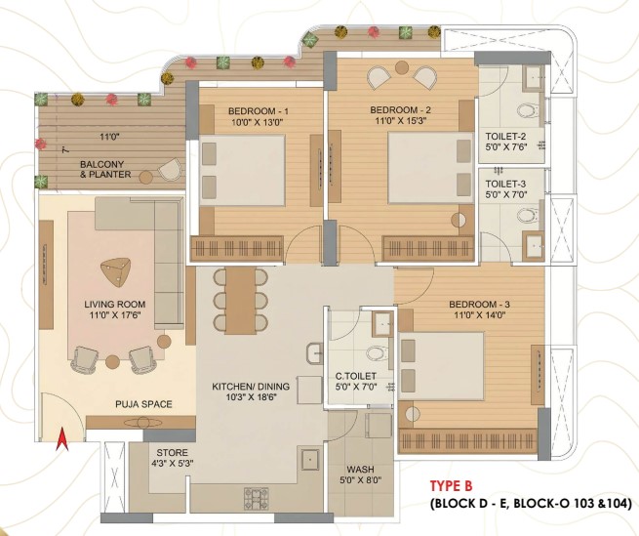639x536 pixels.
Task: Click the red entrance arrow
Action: pos(61,439)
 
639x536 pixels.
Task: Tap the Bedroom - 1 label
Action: pos(259,111)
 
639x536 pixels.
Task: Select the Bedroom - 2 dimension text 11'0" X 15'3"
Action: pos(400,121)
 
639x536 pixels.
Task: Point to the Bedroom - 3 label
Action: pos(479,305)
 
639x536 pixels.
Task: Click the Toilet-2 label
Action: pos(505,137)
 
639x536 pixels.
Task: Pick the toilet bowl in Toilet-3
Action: pos(529,214)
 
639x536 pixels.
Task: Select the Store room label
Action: pos(173,453)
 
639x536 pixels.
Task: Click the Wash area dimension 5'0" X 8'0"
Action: pos(361,480)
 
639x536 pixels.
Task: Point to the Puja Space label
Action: pos(143,404)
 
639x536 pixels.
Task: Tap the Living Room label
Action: pos(115,305)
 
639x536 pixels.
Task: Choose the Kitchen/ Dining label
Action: pos(251,386)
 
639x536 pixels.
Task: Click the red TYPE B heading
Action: pos(451,486)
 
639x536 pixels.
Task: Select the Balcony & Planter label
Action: pos(105,169)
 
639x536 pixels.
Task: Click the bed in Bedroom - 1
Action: pos(242,170)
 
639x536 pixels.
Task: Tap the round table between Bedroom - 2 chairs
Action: pos(402,67)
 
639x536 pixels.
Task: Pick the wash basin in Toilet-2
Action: pos(535,76)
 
